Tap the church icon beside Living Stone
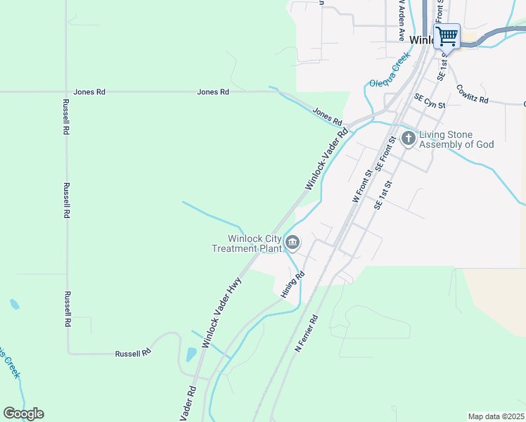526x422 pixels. click(409, 139)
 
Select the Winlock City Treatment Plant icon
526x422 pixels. click(293, 243)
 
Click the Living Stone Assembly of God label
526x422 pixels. click(456, 139)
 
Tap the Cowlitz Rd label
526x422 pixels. click(472, 94)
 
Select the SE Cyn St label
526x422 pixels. click(430, 101)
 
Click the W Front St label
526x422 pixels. click(361, 186)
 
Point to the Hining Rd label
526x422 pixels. click(293, 284)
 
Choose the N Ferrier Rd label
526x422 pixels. click(307, 333)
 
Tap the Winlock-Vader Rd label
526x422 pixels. click(327, 159)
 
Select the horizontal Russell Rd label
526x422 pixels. click(134, 353)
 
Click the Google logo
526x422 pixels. click(23, 414)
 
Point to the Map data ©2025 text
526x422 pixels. click(496, 416)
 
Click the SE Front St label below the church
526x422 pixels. click(387, 155)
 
